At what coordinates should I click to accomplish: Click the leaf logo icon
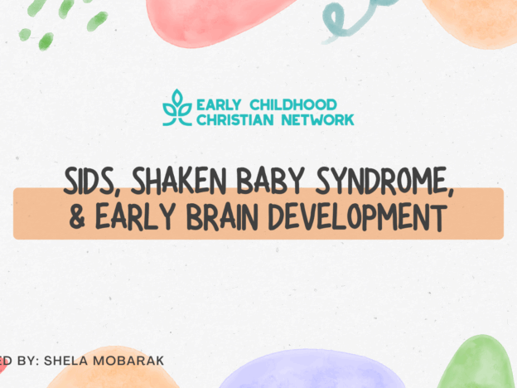pos(176,109)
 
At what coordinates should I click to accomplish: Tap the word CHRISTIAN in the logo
pos(232,119)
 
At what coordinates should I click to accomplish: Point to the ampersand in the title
pos(78,218)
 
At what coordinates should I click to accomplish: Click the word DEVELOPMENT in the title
pos(376,218)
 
